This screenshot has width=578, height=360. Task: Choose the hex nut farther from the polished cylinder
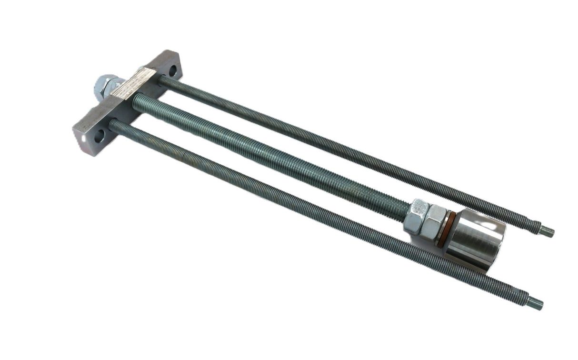[417, 217]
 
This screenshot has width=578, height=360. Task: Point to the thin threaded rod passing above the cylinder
[333, 148]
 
